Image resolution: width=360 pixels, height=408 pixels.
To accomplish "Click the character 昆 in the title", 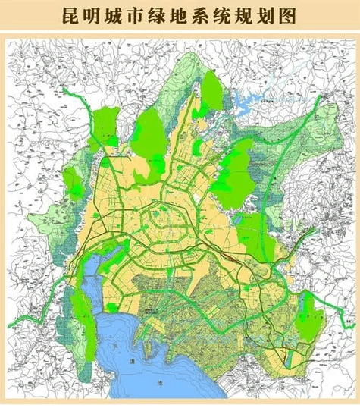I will coord(74,15).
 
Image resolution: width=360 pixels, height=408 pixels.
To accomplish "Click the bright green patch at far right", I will coord(309,312).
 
